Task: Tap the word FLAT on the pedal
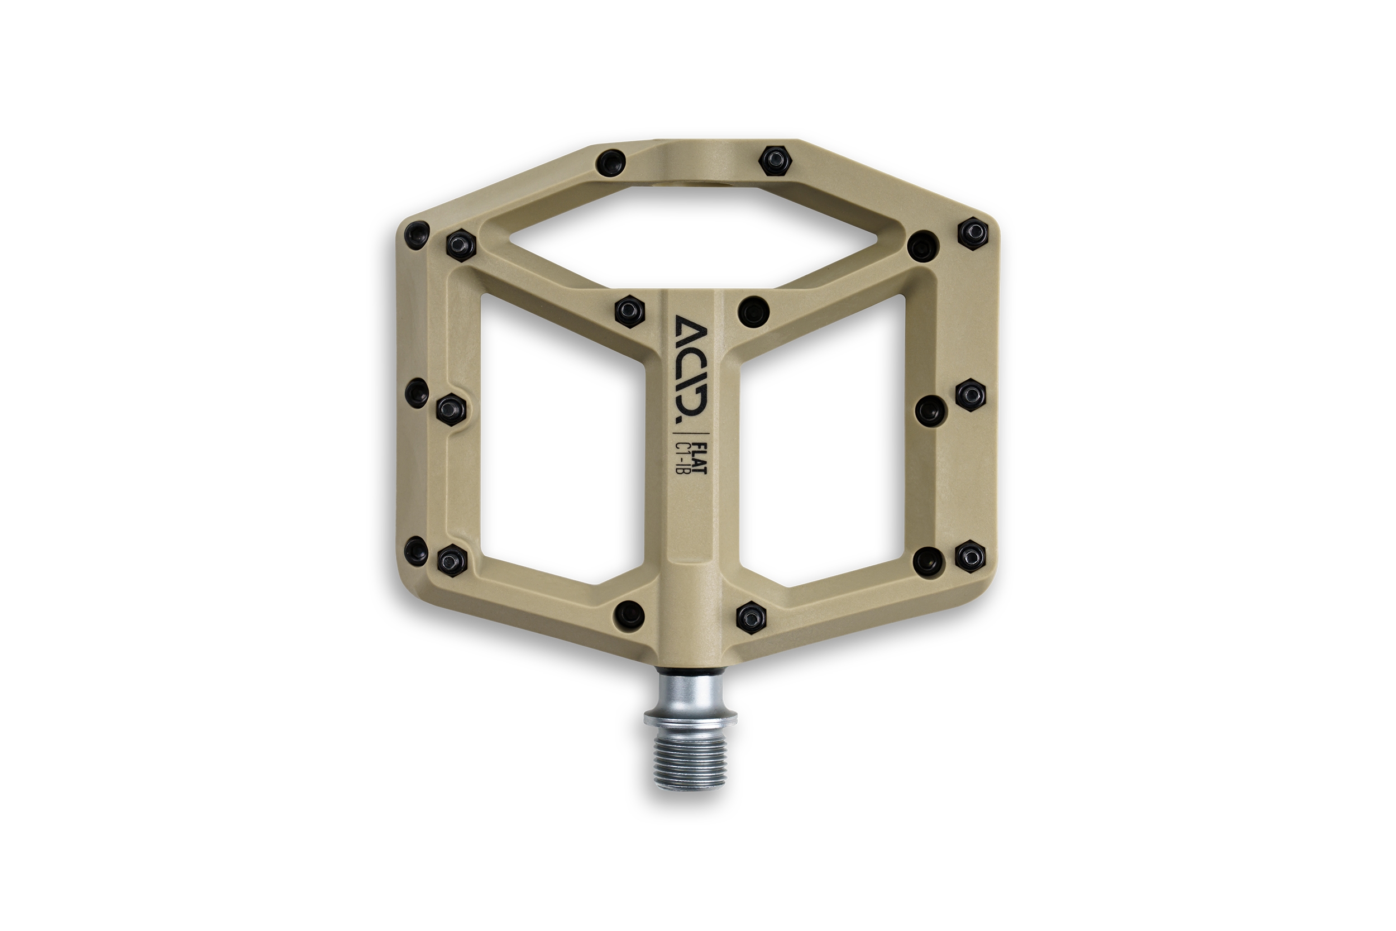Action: pyautogui.click(x=700, y=458)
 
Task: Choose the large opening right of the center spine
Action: pyautogui.click(x=822, y=440)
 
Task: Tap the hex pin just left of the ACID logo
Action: pyautogui.click(x=629, y=311)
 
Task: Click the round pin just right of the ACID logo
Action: pyautogui.click(x=754, y=310)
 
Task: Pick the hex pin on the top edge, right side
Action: pyautogui.click(x=775, y=160)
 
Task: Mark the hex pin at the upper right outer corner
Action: pyautogui.click(x=973, y=233)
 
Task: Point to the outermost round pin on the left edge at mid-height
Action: pyautogui.click(x=416, y=393)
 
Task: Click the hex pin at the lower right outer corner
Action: pyautogui.click(x=970, y=556)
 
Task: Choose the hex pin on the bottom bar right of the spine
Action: pyautogui.click(x=751, y=618)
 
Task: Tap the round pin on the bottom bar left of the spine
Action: pyautogui.click(x=629, y=613)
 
